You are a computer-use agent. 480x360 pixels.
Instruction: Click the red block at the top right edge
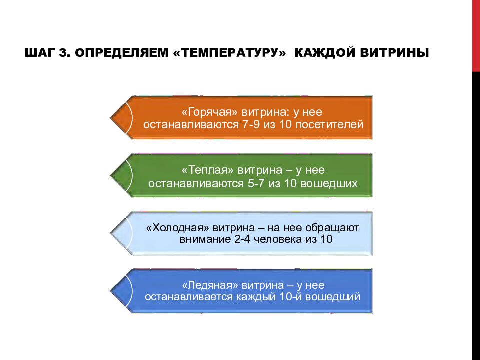point(476,35)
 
